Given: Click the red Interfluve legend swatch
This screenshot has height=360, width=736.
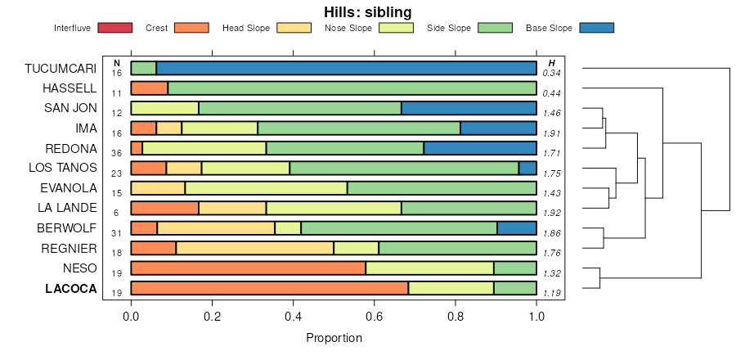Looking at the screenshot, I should [114, 28].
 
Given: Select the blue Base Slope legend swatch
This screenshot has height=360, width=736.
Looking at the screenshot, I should [596, 28].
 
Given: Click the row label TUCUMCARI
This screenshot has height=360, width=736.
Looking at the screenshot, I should [61, 68].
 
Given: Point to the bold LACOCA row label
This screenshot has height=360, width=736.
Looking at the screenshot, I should [71, 289].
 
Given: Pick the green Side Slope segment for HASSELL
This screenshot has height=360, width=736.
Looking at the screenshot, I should [352, 88].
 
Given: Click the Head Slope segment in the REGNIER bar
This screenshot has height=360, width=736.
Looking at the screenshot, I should [254, 248].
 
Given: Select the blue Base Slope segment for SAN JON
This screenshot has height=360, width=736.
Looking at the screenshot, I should [469, 108].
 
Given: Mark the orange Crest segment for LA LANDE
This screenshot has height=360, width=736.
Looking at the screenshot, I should [164, 208].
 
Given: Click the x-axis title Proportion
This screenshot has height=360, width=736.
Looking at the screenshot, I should [334, 337].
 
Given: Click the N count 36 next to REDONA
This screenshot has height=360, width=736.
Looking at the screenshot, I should [117, 153].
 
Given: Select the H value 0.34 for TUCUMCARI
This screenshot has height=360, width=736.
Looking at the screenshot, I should [551, 73].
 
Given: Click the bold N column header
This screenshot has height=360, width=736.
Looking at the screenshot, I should [117, 63].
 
